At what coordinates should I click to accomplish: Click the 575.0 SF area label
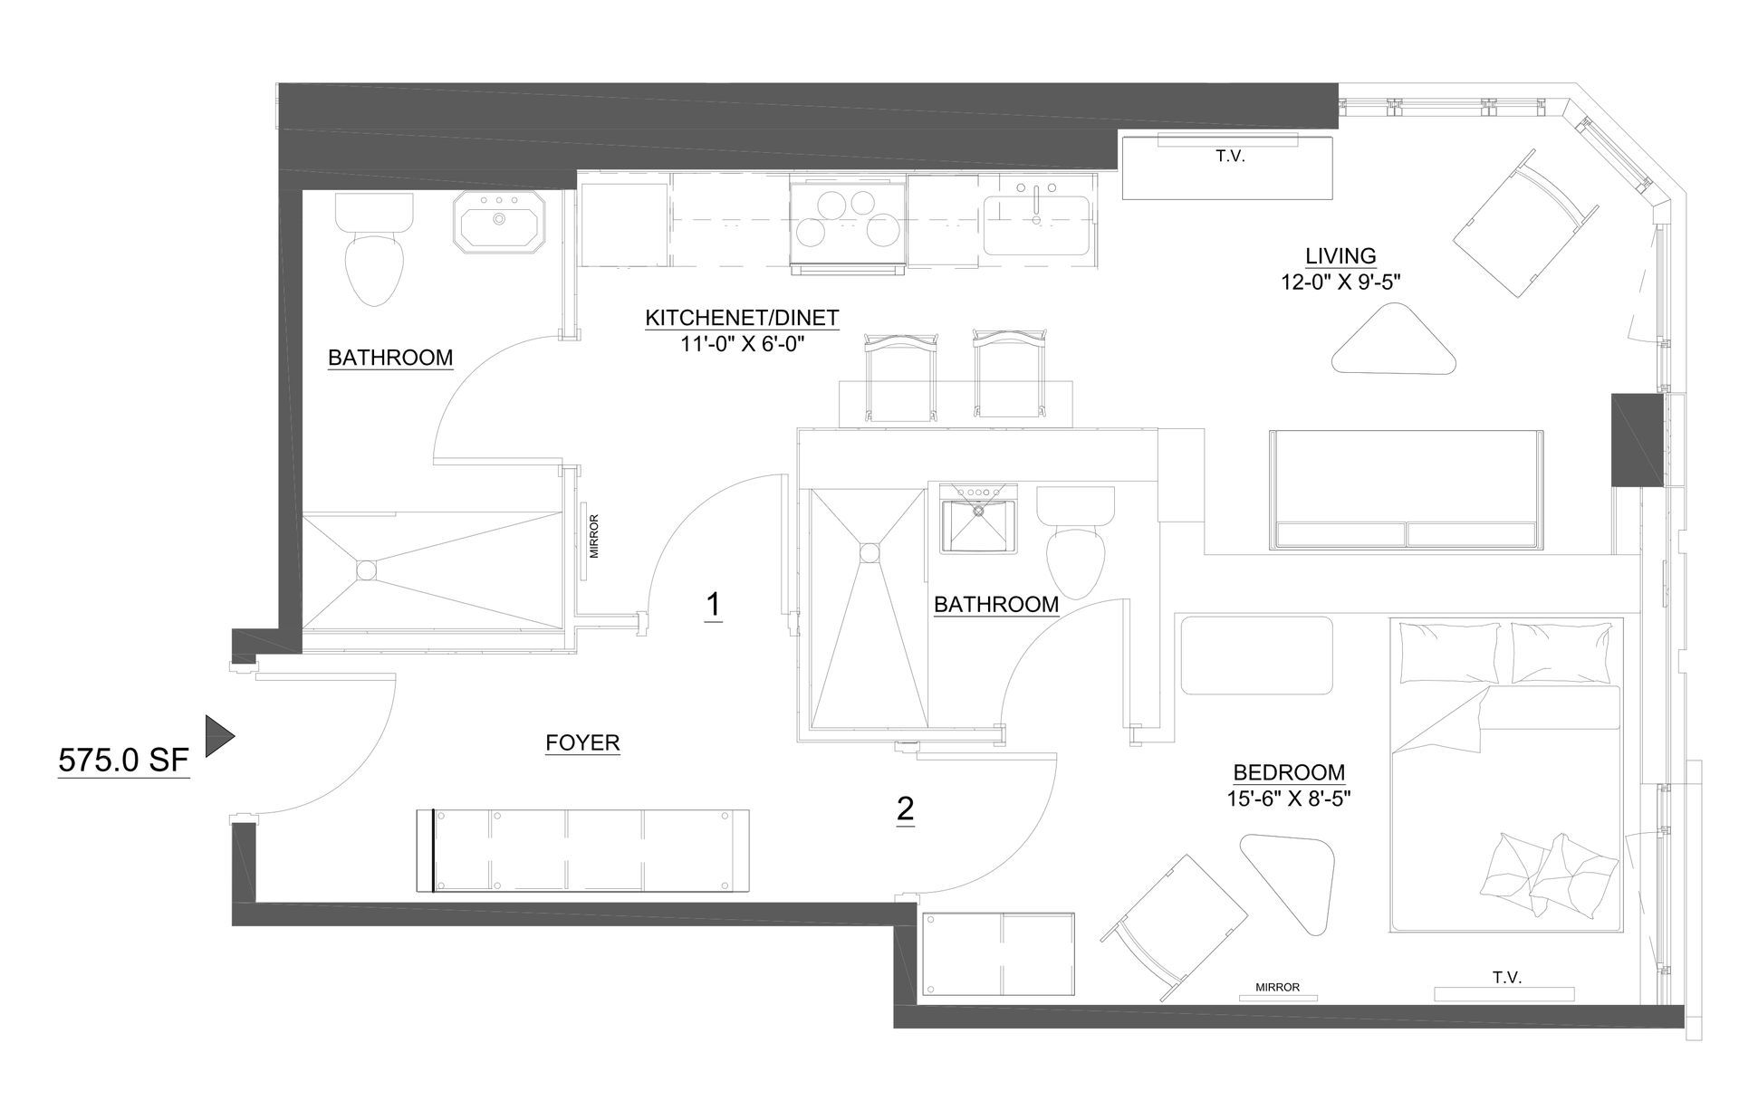point(123,761)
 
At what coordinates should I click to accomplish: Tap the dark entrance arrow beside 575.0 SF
point(218,736)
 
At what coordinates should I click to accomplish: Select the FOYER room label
point(582,743)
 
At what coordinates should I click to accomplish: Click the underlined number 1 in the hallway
point(714,605)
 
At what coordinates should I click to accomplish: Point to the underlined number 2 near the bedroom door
point(905,809)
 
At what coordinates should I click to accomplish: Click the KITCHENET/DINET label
point(742,319)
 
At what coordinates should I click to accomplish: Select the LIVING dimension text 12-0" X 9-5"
point(1340,282)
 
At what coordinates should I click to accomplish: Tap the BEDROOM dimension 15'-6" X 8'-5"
point(1289,799)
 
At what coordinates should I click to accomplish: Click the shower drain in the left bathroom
point(366,569)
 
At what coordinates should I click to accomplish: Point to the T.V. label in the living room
point(1230,157)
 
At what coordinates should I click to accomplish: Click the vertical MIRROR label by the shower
point(594,537)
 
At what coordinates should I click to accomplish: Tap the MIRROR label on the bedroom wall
point(1277,988)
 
